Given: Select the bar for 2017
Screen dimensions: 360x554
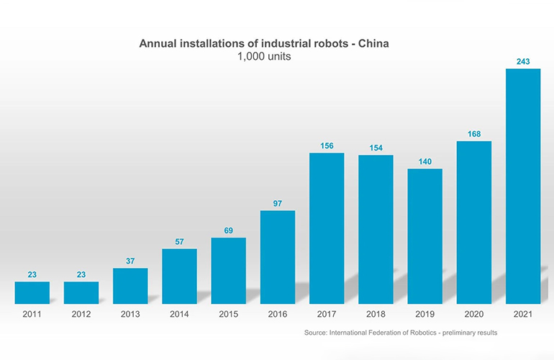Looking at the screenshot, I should coord(327,228).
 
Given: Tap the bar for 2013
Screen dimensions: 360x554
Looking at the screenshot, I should coord(130,286).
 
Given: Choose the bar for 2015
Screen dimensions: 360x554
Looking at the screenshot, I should coord(229,271).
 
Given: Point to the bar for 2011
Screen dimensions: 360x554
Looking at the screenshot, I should coord(32,292).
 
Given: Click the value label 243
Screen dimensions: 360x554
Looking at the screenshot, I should coord(523,62).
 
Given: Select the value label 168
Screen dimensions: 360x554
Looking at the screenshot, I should coord(474,133).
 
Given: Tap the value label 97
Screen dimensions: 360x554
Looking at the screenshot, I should coord(278,204).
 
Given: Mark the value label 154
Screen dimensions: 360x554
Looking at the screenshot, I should coord(376,148).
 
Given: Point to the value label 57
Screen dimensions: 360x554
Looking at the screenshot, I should coord(179,242).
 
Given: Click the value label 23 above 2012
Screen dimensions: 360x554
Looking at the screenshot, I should coord(81,274).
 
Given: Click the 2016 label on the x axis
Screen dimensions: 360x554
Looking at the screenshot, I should coord(278,315).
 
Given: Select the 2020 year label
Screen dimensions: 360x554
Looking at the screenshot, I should coord(474,315).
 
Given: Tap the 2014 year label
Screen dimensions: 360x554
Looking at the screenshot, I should coord(179,315).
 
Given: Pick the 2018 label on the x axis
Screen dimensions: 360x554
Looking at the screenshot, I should coord(376,315).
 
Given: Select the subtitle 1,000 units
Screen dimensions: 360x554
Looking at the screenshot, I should coord(264,57).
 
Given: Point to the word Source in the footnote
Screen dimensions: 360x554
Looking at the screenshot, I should coord(317,333).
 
